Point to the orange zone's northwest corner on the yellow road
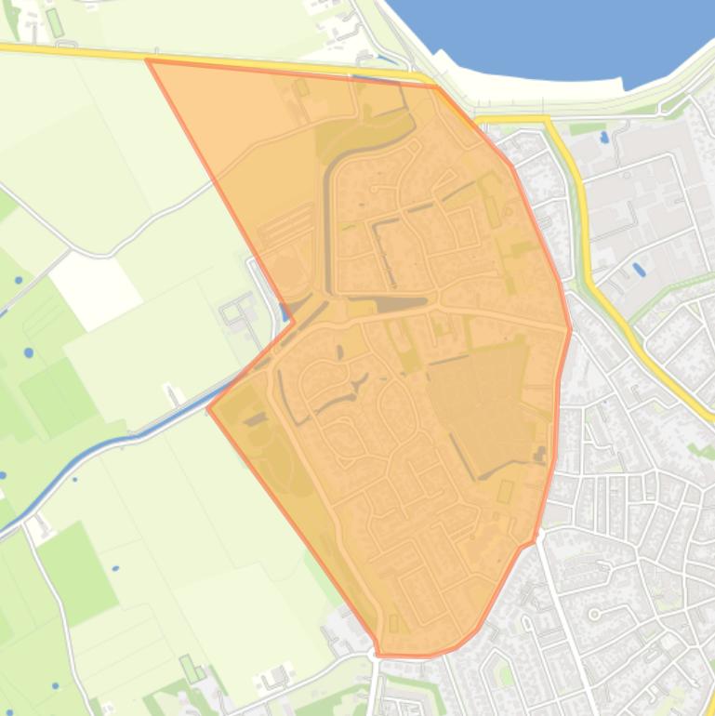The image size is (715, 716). click(x=149, y=61)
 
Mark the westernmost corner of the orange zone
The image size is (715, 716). click(x=209, y=407)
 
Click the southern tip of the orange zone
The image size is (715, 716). click(x=379, y=654)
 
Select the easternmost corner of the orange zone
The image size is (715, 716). click(x=570, y=329)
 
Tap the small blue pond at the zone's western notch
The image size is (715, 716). click(x=283, y=311)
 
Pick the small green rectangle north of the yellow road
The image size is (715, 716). click(x=55, y=22)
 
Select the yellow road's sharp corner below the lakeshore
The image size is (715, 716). click(x=549, y=119)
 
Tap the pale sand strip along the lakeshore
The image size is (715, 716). click(x=521, y=93)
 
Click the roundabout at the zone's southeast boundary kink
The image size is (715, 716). click(x=531, y=543)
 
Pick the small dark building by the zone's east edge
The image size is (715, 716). click(x=538, y=454)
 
